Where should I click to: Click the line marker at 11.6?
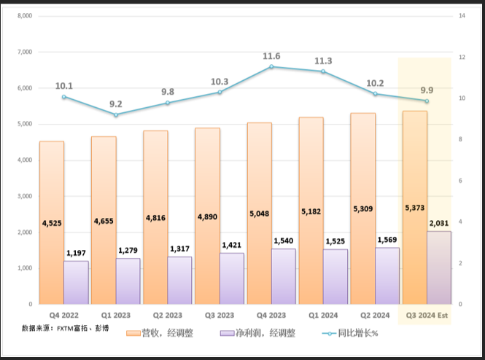point(271,66)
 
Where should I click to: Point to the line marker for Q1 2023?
point(116,114)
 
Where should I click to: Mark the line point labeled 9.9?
point(427,101)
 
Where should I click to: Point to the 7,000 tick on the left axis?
point(24,52)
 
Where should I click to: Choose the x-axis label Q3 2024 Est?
point(427,316)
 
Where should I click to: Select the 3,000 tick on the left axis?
point(24,196)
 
